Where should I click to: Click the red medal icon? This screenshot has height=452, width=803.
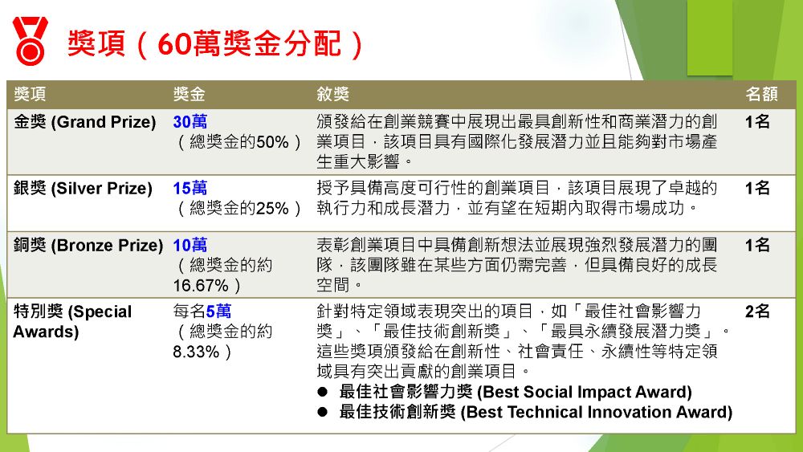(31, 40)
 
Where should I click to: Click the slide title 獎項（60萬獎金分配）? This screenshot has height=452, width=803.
(215, 43)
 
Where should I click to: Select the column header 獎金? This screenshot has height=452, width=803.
(189, 94)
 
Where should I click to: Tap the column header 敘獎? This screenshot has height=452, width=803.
(332, 94)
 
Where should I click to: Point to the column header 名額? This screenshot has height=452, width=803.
(761, 94)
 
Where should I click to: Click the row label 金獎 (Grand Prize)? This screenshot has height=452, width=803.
(84, 122)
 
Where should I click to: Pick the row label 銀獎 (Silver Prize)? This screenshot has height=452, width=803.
(83, 189)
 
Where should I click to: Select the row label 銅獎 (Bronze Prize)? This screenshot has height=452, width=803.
(88, 246)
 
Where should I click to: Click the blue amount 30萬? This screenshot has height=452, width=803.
(190, 122)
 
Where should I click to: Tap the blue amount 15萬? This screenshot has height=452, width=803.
(190, 189)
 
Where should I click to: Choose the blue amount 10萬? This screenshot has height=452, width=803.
(190, 245)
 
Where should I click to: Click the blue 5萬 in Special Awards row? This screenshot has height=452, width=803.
(218, 312)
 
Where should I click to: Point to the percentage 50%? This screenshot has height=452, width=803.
(272, 142)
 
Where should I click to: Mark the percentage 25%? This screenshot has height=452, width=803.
(272, 209)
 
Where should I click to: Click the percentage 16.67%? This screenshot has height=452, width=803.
(201, 286)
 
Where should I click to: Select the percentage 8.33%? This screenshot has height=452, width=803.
(196, 352)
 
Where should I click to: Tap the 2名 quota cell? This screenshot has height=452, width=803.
(757, 312)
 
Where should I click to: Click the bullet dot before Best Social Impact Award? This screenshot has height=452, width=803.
(322, 392)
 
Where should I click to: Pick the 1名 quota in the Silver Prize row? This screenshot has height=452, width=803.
(757, 189)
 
